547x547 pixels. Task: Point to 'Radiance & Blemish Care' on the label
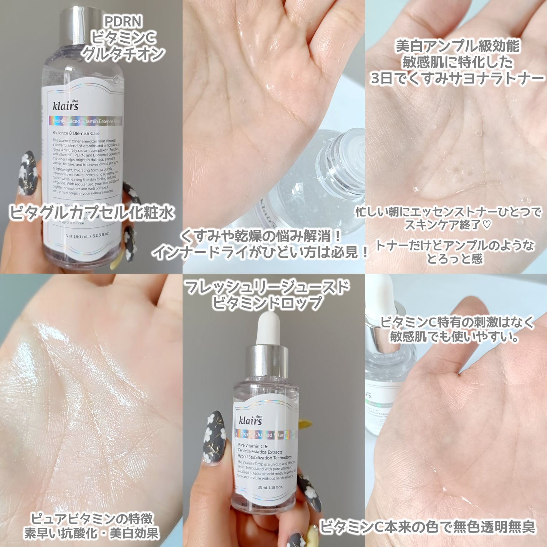pyautogui.click(x=76, y=134)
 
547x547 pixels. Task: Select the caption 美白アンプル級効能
pyautogui.click(x=457, y=47)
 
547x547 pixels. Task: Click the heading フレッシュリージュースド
pyautogui.click(x=267, y=287)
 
